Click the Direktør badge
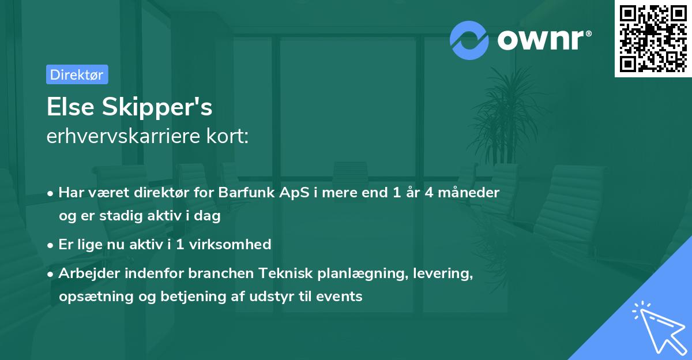tap(77, 74)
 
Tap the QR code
tap(653, 39)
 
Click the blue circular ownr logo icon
tap(469, 40)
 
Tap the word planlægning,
tap(363, 273)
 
